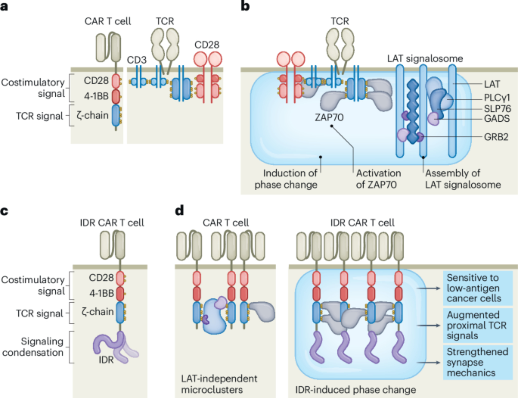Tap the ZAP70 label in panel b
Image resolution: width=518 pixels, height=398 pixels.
(x=329, y=117)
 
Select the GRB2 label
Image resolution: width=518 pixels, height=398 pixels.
(x=496, y=137)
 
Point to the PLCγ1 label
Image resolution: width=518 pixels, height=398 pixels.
(x=497, y=98)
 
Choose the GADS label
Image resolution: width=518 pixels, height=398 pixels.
(x=497, y=118)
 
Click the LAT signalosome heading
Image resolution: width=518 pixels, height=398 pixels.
(x=425, y=59)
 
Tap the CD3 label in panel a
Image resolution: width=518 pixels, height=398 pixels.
(x=136, y=60)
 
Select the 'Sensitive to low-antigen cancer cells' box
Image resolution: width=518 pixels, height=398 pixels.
(x=478, y=288)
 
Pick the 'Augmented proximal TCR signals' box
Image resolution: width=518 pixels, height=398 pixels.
(x=478, y=325)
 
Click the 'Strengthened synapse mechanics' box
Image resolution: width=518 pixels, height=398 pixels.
(x=478, y=362)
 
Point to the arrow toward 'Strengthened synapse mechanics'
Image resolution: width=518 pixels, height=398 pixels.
(x=429, y=362)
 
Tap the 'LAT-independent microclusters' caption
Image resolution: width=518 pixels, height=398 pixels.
(x=219, y=384)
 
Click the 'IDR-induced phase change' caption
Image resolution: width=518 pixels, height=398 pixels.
(x=355, y=390)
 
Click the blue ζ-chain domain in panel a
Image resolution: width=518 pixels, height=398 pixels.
(x=116, y=115)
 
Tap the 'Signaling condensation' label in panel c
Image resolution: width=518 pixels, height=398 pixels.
(x=33, y=347)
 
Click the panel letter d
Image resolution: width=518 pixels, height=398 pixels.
(x=179, y=210)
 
